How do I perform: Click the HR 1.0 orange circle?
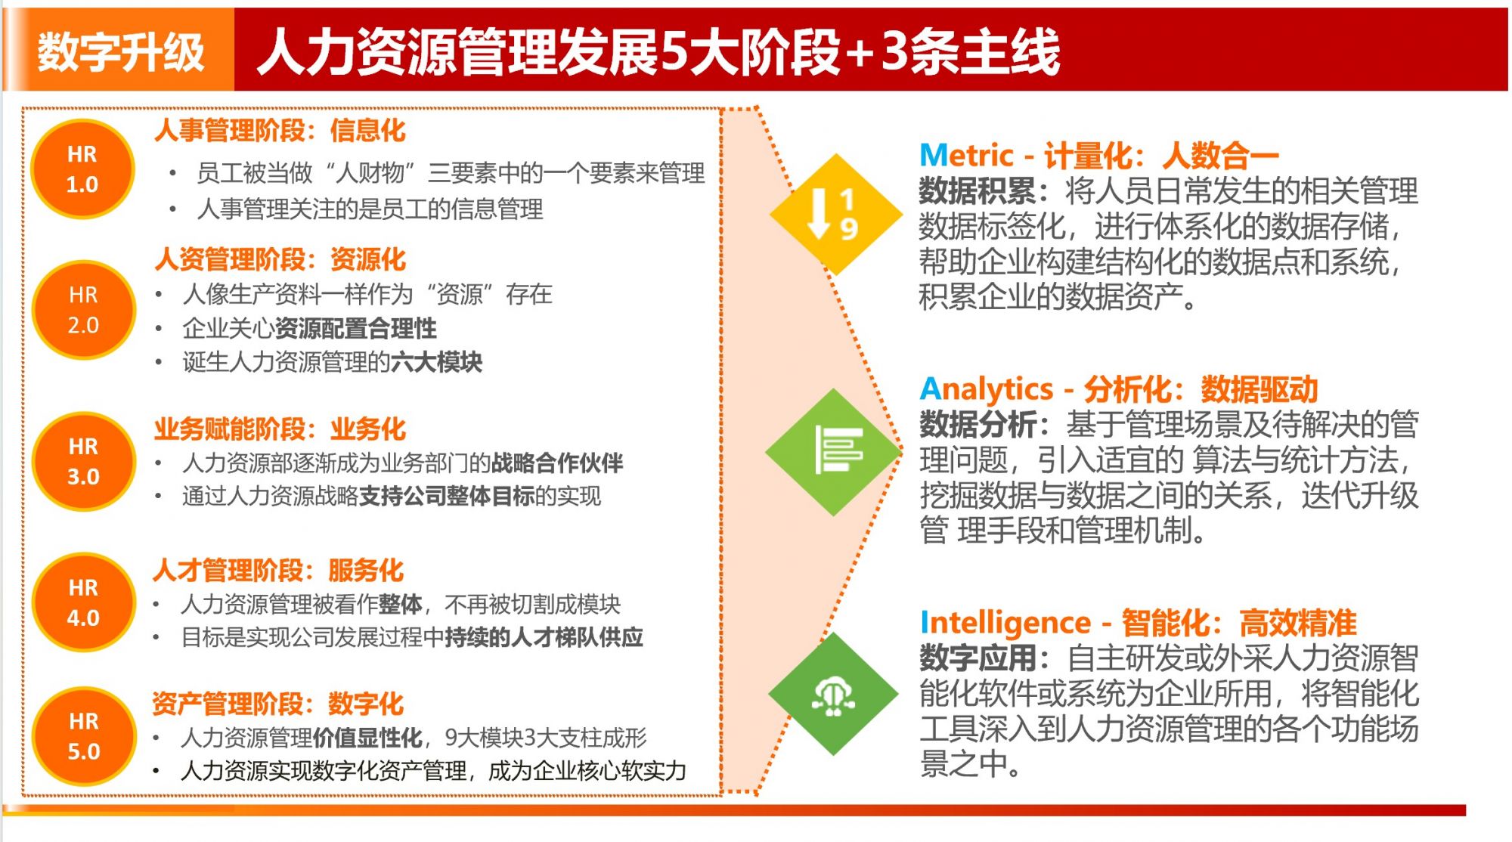(82, 169)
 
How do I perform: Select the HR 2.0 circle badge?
(83, 310)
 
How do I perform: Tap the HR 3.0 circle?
(83, 461)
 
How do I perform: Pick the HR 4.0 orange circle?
(83, 602)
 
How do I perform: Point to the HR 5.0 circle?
(83, 736)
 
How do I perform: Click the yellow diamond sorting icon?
(835, 214)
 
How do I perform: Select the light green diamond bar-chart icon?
(834, 452)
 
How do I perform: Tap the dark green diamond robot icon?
(834, 694)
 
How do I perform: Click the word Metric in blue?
(965, 156)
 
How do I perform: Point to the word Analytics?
(986, 390)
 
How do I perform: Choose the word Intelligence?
(1005, 624)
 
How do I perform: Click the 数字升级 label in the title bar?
(121, 51)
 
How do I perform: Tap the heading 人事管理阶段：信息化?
(280, 131)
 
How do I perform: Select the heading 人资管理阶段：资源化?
(280, 259)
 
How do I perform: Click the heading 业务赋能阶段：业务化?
(280, 429)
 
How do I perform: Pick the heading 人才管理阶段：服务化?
(278, 570)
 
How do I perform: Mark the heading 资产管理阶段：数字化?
(278, 703)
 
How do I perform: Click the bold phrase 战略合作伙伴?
(557, 463)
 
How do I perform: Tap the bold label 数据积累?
(978, 191)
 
